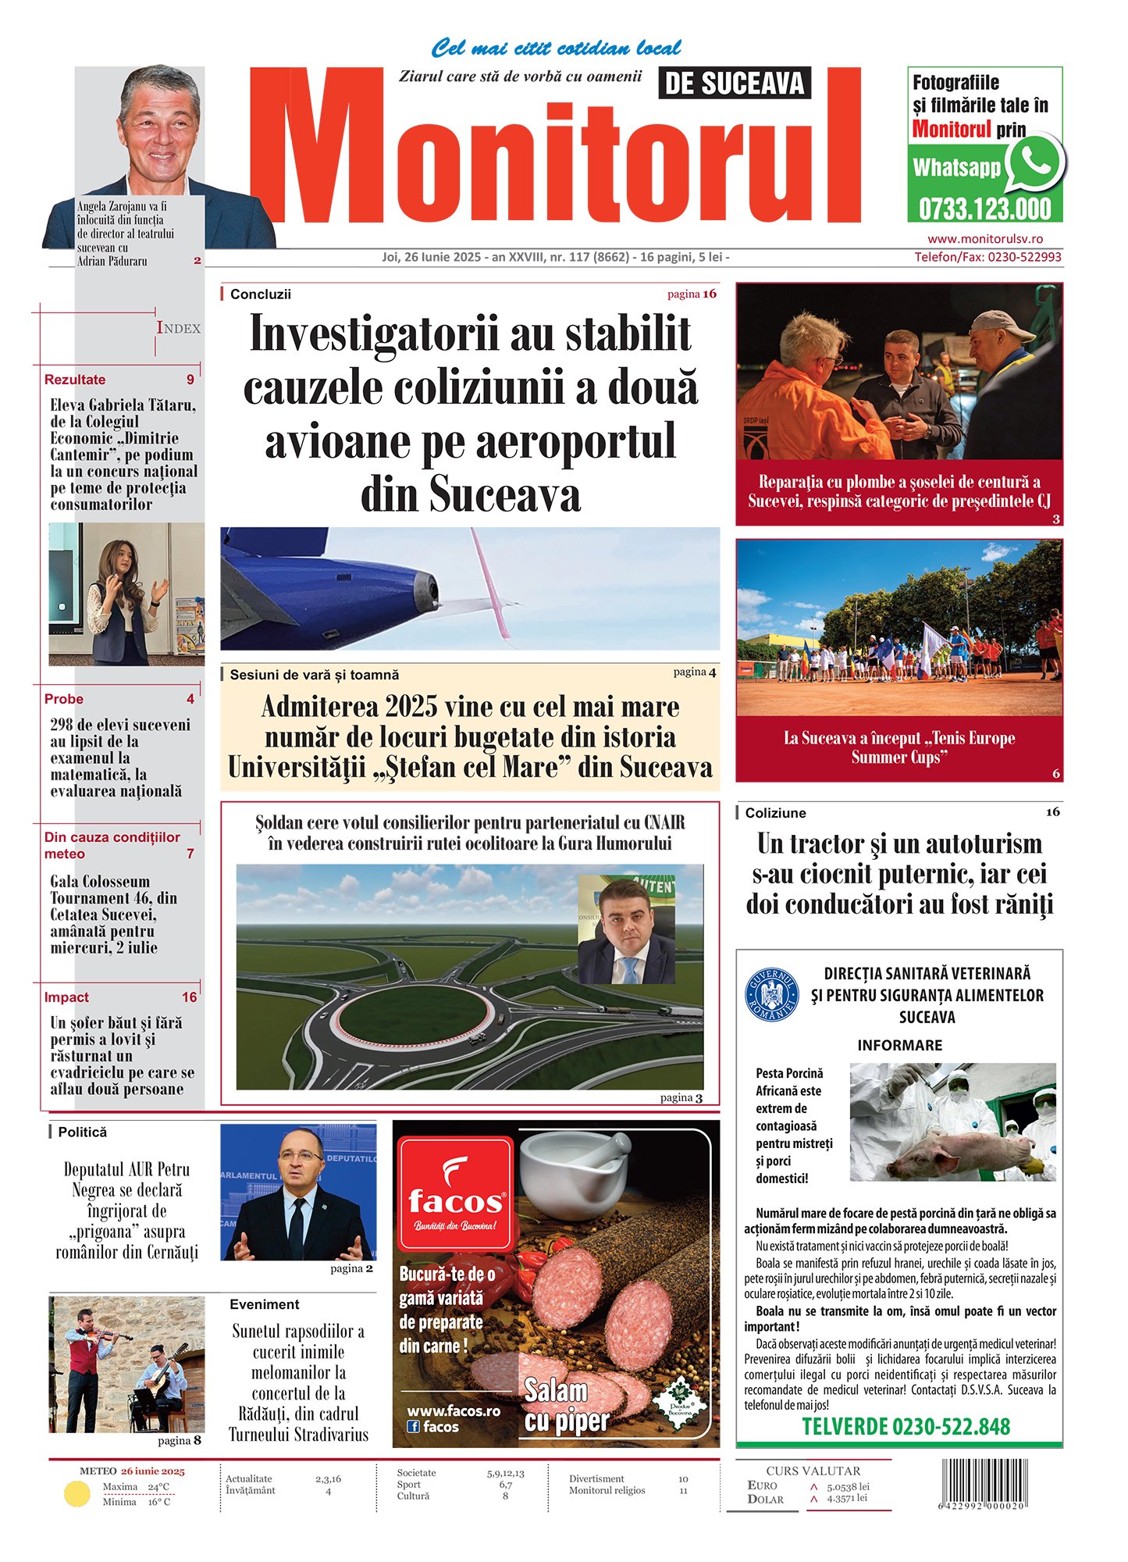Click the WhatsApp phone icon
(1035, 162)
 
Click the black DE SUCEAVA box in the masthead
(735, 83)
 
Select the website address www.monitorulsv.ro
(985, 239)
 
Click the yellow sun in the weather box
(77, 1494)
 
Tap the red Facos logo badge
(455, 1193)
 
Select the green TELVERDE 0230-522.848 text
(906, 1427)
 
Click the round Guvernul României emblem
(771, 994)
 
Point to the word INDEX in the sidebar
(179, 328)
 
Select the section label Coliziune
(775, 813)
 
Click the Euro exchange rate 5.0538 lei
(848, 1487)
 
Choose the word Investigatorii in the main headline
(373, 334)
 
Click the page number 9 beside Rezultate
(190, 380)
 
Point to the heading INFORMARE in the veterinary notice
(899, 1045)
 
